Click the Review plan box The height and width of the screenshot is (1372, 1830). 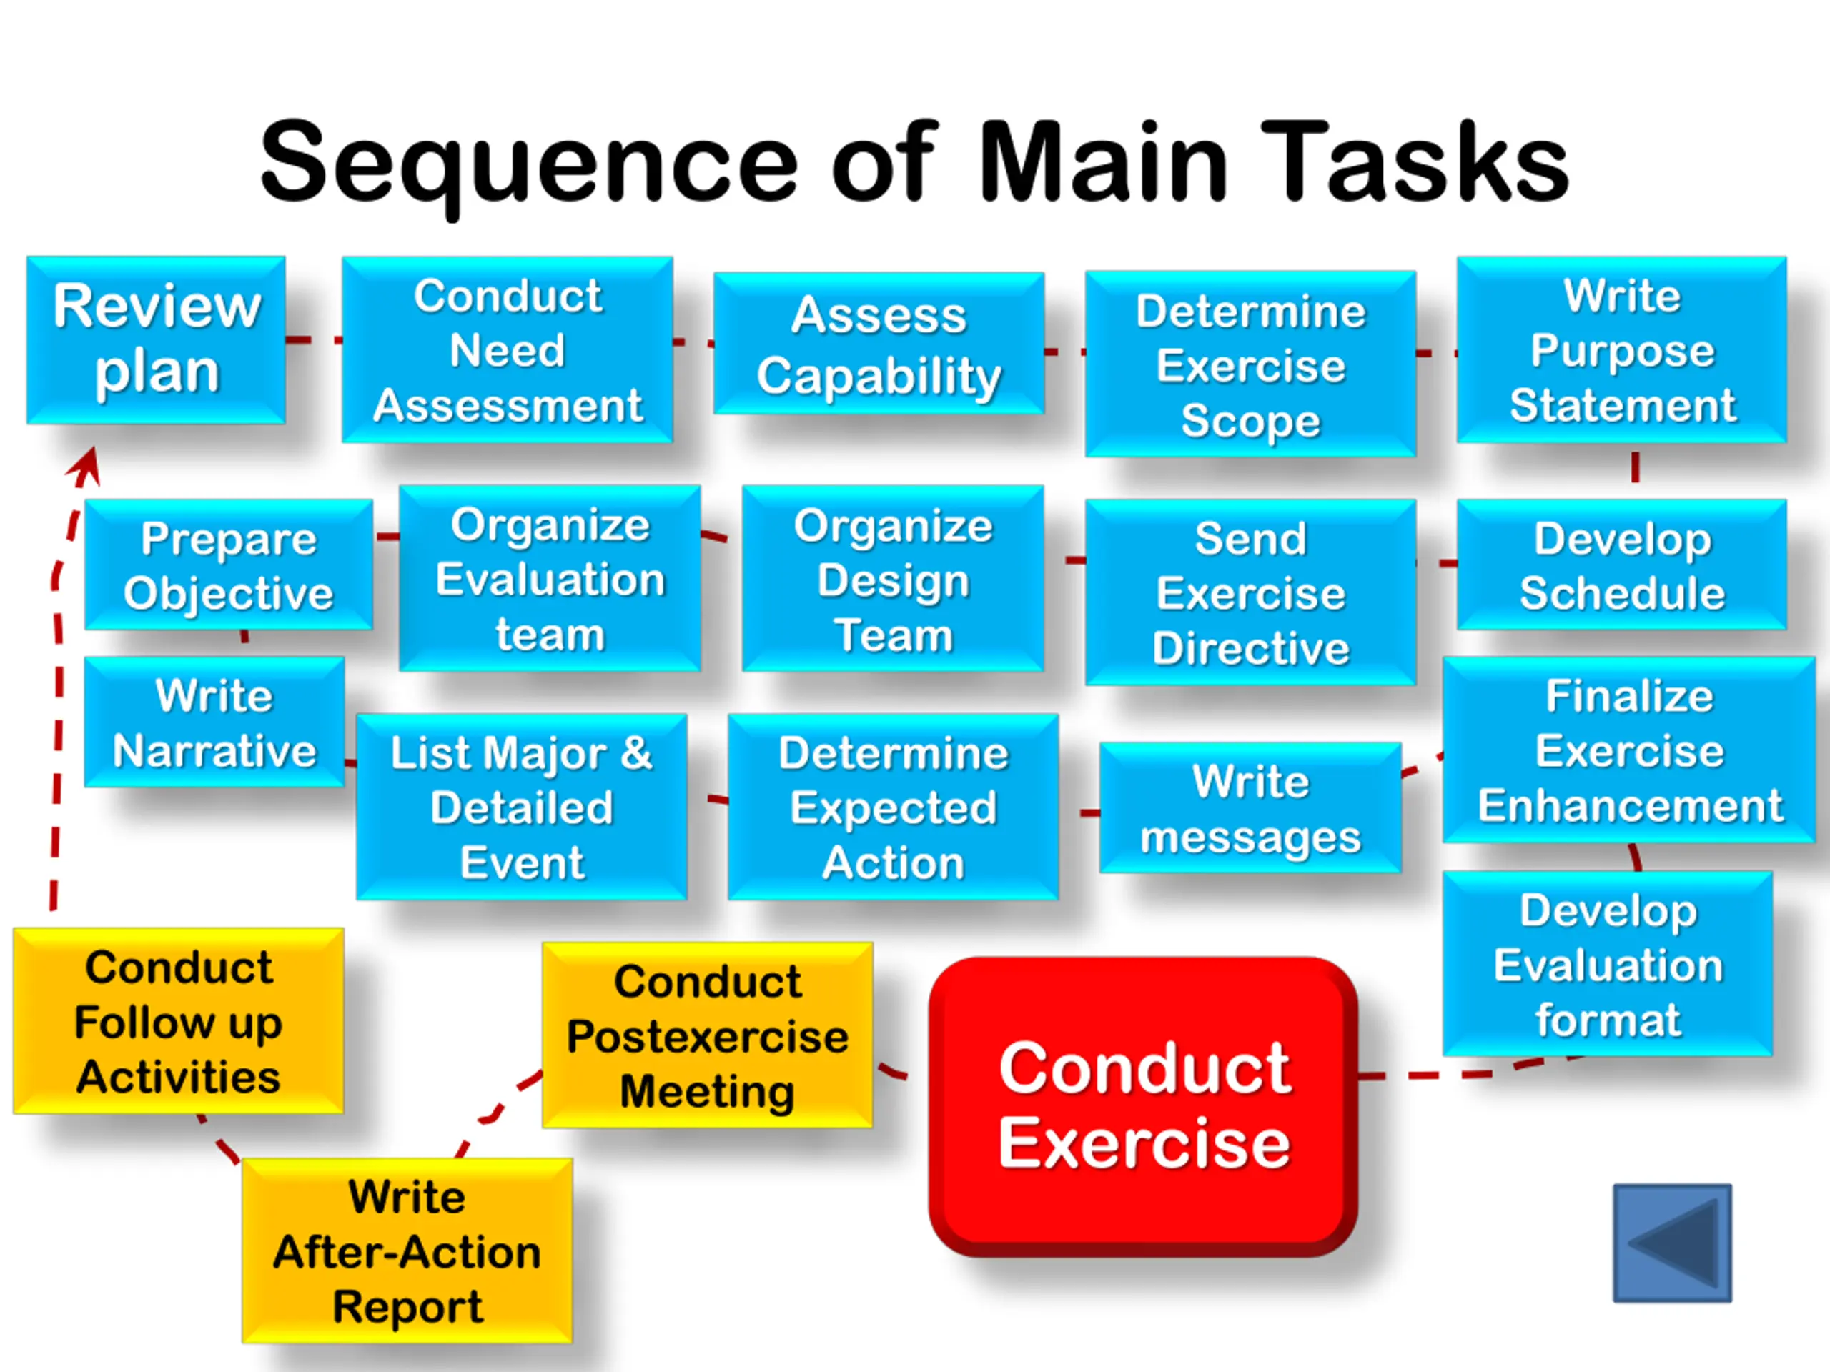(x=157, y=340)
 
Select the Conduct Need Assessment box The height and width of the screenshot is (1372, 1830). (x=507, y=349)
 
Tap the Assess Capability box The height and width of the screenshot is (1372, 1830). (x=879, y=343)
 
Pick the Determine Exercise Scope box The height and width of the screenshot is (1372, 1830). (x=1250, y=364)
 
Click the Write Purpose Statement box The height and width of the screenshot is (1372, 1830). (x=1621, y=349)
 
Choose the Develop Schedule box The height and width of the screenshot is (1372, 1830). (x=1621, y=564)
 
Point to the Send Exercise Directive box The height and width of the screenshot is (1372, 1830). (x=1250, y=592)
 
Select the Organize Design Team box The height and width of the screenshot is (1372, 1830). (x=893, y=578)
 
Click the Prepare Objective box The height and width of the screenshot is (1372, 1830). (x=228, y=564)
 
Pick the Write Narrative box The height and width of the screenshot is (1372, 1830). (x=214, y=721)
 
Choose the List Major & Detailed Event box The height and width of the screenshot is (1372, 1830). (x=521, y=806)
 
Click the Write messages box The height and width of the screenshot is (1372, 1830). (x=1250, y=807)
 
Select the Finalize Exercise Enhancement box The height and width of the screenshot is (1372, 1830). (x=1629, y=750)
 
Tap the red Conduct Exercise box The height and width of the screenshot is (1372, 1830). (x=1143, y=1106)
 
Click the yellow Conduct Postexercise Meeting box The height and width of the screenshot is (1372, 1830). (x=708, y=1035)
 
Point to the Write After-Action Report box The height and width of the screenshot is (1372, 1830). (x=407, y=1251)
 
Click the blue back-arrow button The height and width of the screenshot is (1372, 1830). (x=1672, y=1243)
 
